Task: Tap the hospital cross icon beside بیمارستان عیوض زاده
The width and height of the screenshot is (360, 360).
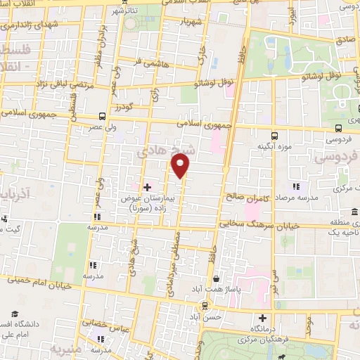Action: (147, 187)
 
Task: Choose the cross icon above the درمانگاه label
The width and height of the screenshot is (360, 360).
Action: (262, 317)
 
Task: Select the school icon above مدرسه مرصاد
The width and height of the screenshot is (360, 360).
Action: (296, 186)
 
